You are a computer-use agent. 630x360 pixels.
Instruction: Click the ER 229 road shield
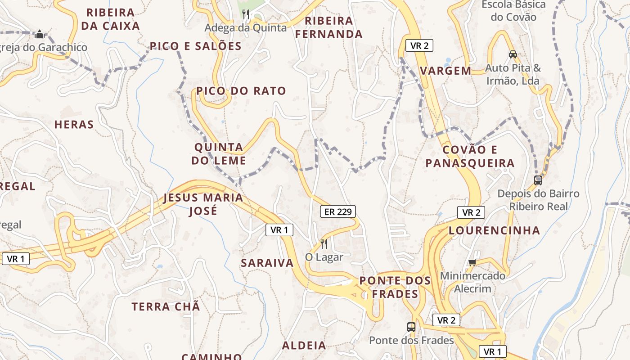337,211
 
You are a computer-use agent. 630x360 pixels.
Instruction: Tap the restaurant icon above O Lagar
324,244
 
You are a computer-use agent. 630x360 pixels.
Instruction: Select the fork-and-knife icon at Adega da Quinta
246,14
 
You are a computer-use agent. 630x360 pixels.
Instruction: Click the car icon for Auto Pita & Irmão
513,54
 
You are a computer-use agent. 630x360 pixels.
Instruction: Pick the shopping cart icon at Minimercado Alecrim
472,262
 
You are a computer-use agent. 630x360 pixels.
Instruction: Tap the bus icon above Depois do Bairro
538,180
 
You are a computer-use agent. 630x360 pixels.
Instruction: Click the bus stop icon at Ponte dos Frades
411,327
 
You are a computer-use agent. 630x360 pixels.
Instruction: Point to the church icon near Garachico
40,34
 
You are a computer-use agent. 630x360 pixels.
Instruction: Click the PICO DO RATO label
241,91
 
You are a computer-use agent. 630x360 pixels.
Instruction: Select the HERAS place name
74,125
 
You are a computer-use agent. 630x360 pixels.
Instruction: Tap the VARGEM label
445,71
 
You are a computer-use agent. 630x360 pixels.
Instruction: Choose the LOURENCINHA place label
494,230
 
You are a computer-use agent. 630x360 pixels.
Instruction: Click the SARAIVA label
267,263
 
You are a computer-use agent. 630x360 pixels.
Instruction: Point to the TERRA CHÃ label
166,307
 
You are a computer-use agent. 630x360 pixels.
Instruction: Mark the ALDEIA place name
304,346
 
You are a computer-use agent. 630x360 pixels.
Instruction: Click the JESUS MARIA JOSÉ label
203,204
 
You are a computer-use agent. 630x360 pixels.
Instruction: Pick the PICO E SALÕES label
196,46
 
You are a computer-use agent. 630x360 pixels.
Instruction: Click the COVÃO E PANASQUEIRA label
470,156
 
